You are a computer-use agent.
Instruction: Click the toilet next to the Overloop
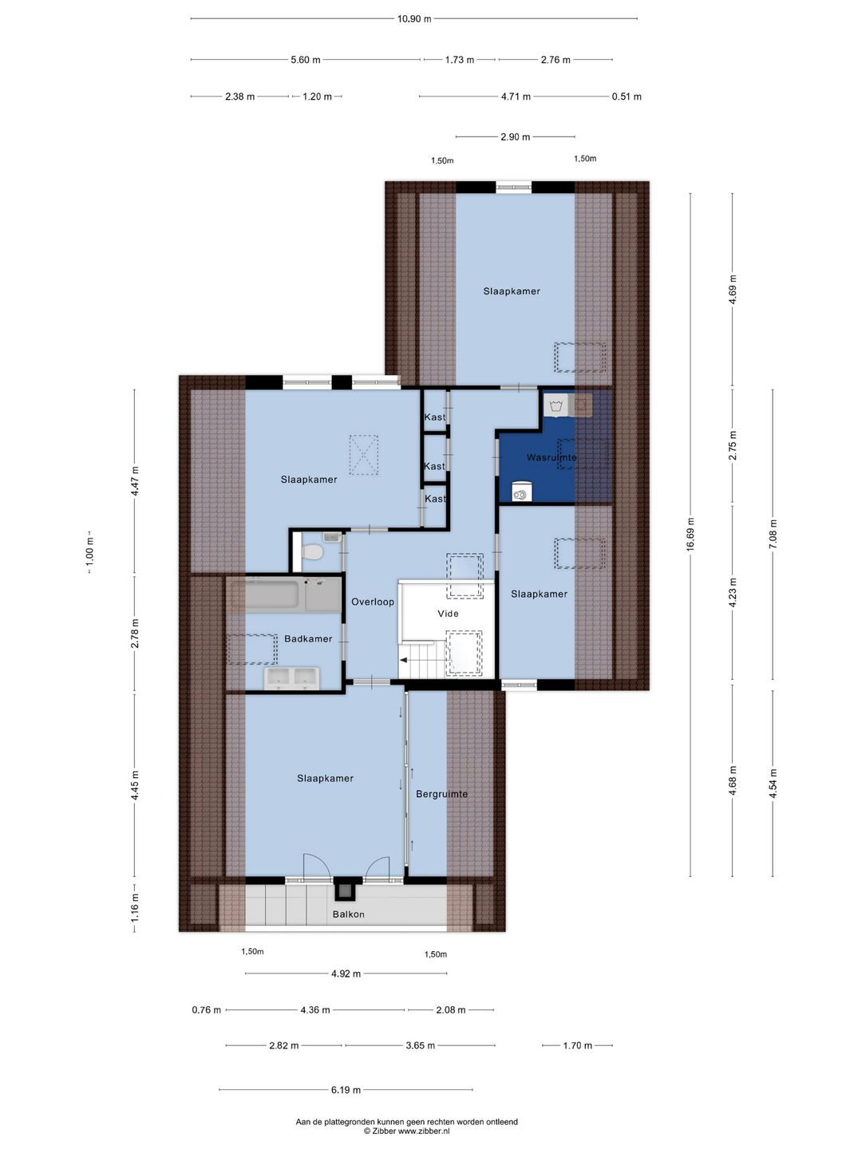pos(313,551)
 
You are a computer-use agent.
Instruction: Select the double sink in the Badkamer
pos(292,678)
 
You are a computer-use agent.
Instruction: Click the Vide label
pos(448,614)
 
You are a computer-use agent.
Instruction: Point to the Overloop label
pos(373,602)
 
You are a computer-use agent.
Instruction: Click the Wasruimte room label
pos(551,457)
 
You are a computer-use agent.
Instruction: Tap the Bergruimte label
pos(441,794)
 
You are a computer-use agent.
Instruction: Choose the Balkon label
pos(349,914)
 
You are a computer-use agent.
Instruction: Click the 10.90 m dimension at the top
pos(414,19)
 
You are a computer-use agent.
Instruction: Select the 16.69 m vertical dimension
pos(691,534)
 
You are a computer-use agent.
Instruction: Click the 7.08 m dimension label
pos(773,534)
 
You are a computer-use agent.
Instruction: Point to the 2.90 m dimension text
pos(516,137)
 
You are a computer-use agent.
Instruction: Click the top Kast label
pos(435,417)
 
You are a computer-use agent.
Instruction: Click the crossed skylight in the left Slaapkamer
pos(364,455)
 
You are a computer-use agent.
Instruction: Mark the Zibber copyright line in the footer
pos(407,1131)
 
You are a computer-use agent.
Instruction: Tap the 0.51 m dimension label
pos(627,97)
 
